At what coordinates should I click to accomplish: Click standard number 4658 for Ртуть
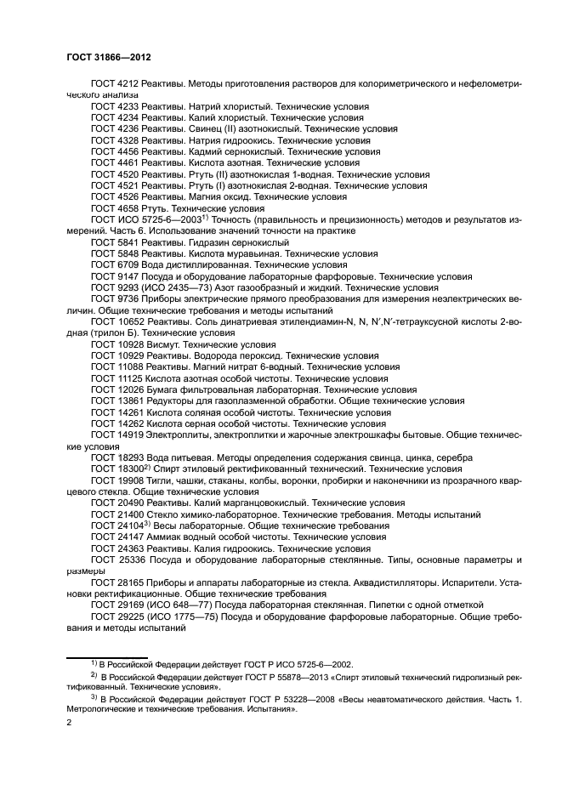[x=128, y=207]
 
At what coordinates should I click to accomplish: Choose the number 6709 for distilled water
[x=128, y=264]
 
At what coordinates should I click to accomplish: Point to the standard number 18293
[x=131, y=457]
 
